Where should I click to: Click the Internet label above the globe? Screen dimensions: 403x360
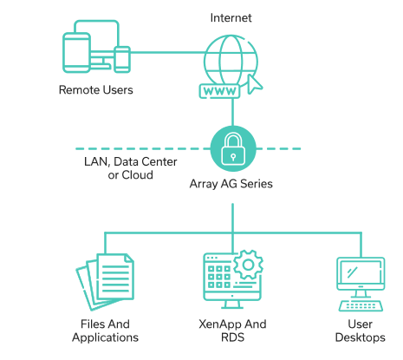[231, 18]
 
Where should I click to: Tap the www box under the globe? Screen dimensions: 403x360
[219, 91]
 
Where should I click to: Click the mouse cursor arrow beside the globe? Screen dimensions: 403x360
[255, 84]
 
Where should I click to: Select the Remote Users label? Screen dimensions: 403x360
[96, 90]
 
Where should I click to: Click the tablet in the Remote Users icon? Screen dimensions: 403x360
[76, 53]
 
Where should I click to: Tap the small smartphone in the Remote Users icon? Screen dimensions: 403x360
[122, 59]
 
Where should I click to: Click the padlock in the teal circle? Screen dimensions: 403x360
[233, 148]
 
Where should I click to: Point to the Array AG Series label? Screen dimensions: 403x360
[231, 184]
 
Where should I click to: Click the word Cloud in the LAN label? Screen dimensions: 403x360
[137, 175]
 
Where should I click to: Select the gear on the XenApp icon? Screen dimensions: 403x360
[248, 265]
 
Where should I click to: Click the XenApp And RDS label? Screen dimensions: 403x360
[232, 331]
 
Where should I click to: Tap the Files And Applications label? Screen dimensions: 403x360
[105, 331]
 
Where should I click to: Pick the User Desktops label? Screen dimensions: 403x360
[361, 331]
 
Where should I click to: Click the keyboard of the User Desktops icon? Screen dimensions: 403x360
[361, 305]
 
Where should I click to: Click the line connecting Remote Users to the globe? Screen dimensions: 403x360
[167, 53]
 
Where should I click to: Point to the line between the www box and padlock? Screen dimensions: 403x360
[232, 112]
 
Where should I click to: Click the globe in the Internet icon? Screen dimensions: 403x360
[231, 62]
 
